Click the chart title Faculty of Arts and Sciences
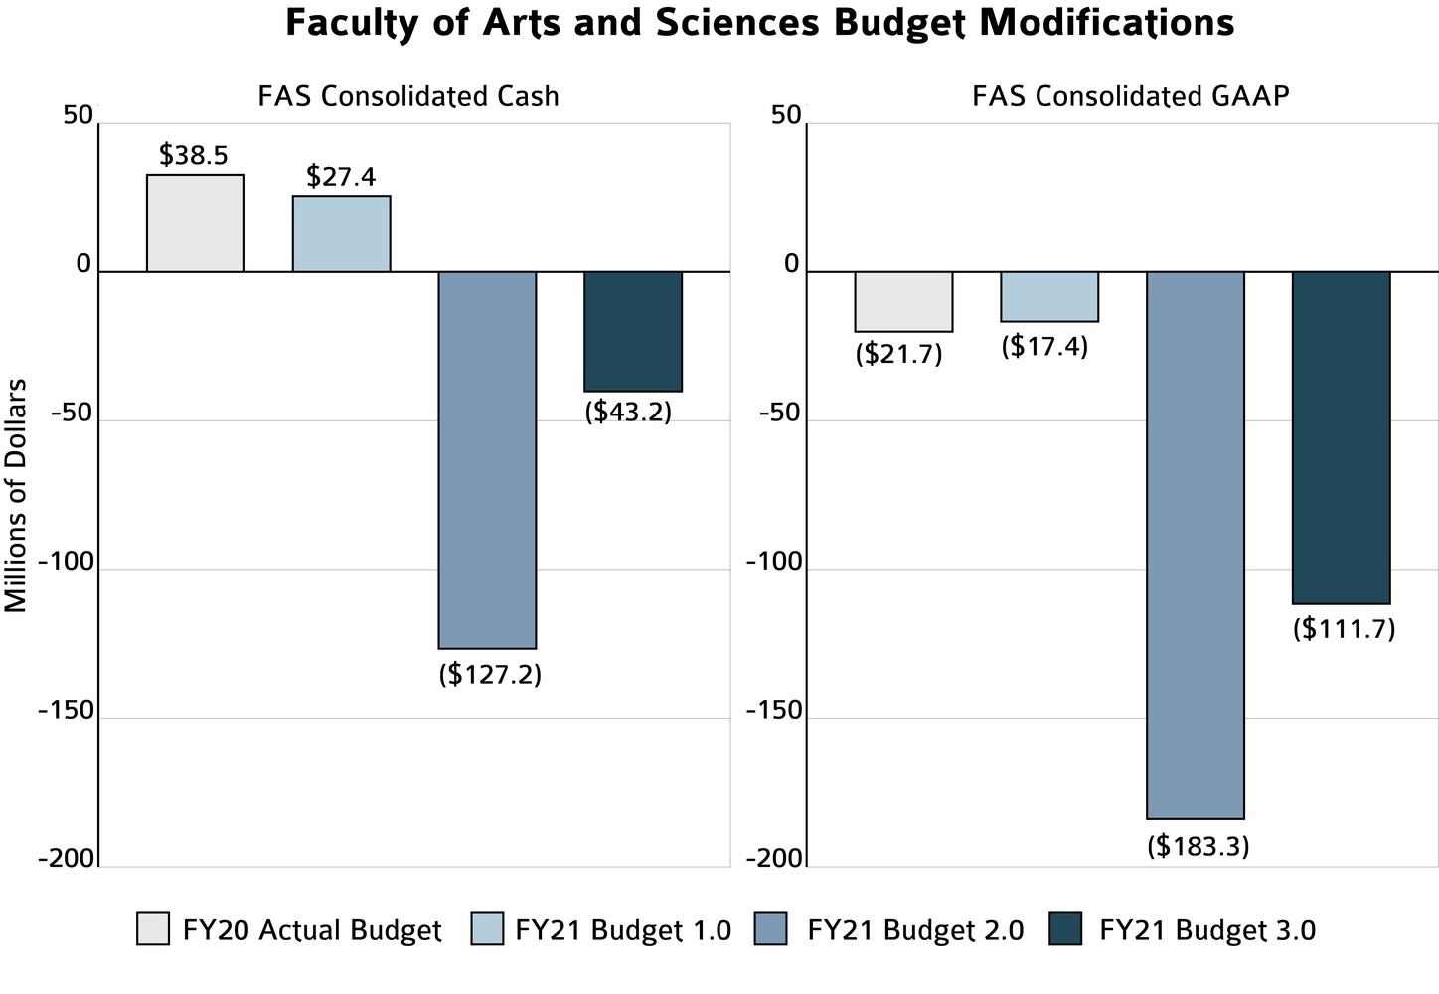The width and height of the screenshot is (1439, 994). [x=759, y=23]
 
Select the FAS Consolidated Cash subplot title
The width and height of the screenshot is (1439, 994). [x=407, y=96]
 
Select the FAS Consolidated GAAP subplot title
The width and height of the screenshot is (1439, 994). [x=1130, y=96]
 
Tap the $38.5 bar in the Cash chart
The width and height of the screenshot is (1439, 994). [x=196, y=224]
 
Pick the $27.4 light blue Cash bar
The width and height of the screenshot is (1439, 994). [x=341, y=234]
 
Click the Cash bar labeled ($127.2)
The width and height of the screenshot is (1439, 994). [x=487, y=459]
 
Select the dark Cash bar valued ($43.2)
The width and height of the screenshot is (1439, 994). [x=633, y=331]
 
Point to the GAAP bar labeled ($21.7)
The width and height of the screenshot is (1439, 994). [x=903, y=301]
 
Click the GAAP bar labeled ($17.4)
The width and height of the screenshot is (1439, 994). [x=1049, y=296]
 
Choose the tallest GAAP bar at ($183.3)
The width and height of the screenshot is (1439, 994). [x=1196, y=545]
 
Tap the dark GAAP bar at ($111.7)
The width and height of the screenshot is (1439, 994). [x=1341, y=437]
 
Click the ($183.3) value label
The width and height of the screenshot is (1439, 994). [x=1198, y=846]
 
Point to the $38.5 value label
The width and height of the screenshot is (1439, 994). [x=194, y=155]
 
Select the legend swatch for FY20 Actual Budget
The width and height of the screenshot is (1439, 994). [x=153, y=929]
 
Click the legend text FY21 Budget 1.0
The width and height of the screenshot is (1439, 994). [x=623, y=930]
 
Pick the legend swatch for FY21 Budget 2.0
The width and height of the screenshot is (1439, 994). [x=771, y=929]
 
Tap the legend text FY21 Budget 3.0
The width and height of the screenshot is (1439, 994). [x=1207, y=930]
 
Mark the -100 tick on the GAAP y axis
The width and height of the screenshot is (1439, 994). [x=773, y=563]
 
